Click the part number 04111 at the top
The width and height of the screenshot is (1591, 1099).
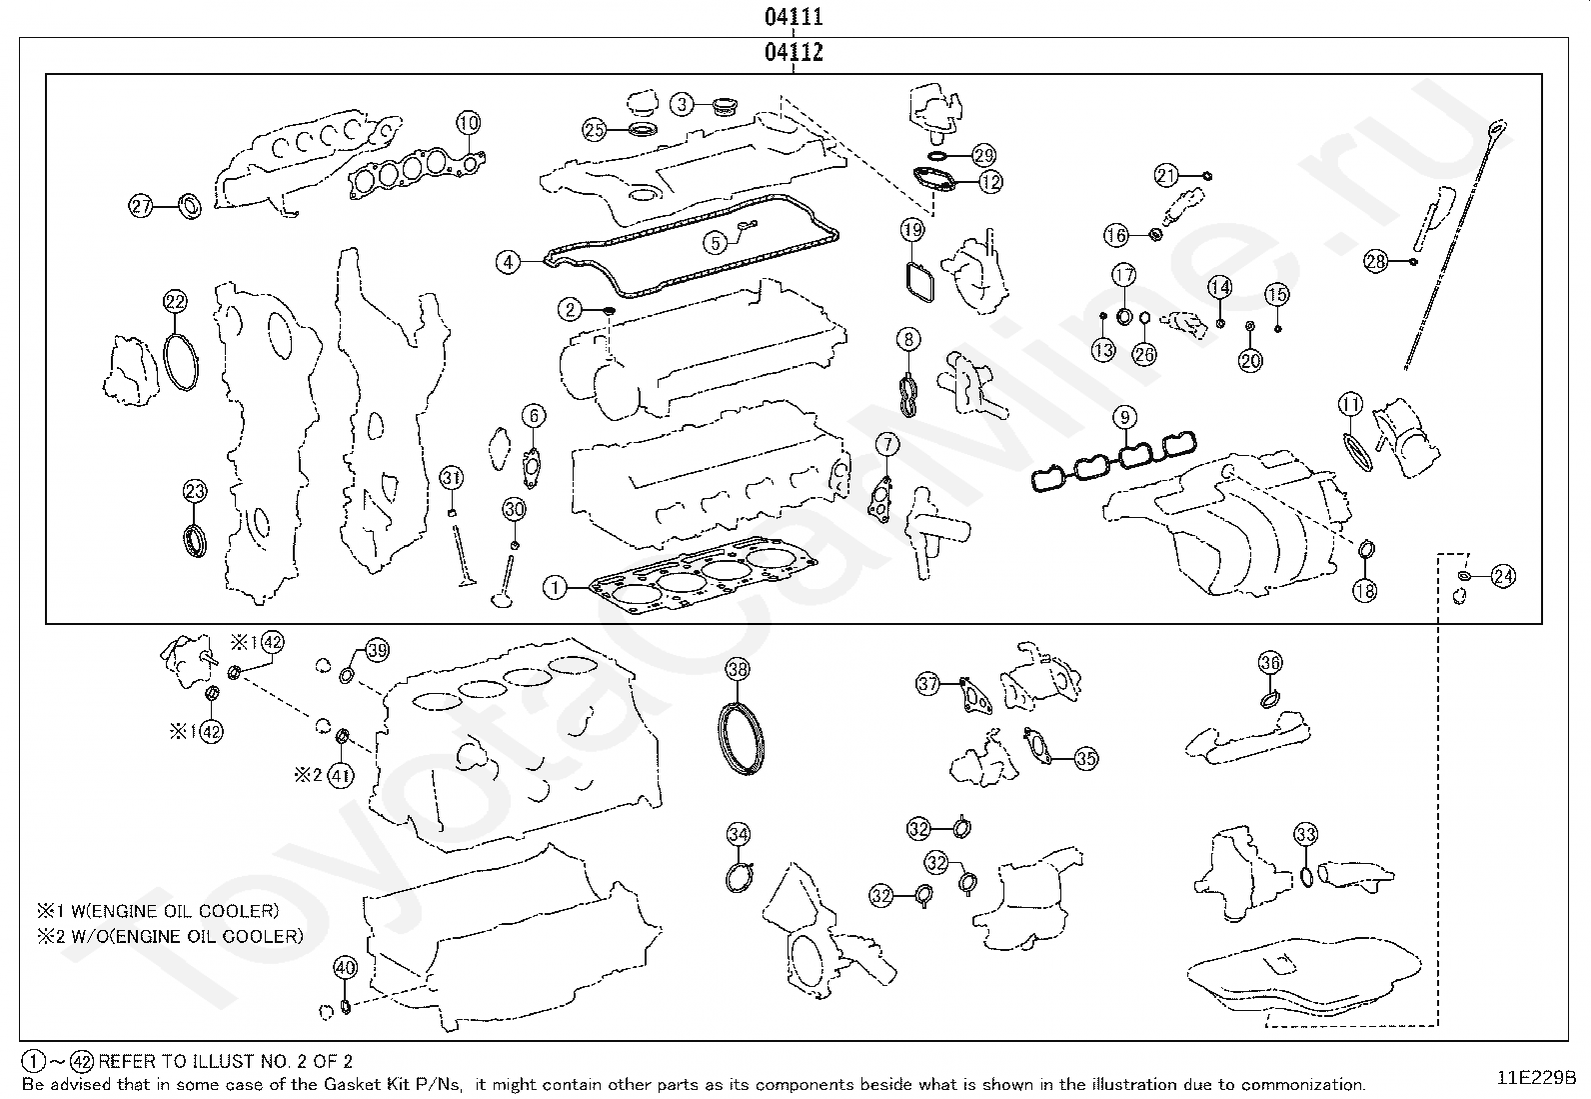794,17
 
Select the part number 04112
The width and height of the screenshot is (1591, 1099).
794,52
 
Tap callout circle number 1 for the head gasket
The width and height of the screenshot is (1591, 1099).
555,587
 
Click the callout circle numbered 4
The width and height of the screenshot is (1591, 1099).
509,262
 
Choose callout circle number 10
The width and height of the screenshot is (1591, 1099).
469,123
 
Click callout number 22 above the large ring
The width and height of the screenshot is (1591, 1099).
175,301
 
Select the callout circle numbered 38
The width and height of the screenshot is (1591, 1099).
738,669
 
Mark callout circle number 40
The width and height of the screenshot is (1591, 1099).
345,968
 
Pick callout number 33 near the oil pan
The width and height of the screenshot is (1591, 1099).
1305,834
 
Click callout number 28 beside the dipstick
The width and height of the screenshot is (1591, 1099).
1376,261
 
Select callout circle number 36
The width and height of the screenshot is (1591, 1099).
1270,662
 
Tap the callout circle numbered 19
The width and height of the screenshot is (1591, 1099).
912,231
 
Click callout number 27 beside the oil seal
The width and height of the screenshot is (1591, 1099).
141,206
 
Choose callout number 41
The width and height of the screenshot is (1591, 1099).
341,774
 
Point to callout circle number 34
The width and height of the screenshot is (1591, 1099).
738,834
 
